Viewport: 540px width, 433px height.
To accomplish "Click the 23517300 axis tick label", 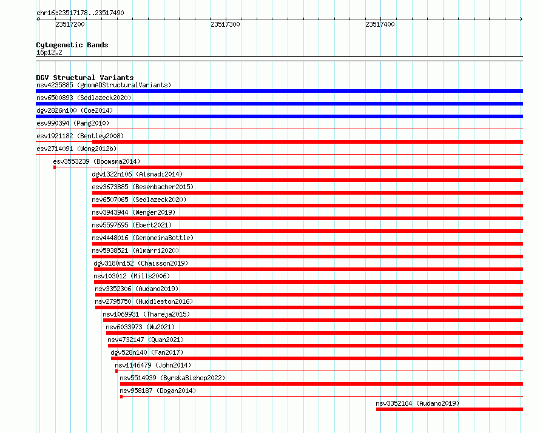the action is (x=225, y=24).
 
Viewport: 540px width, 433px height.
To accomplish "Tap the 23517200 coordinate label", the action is (x=70, y=24).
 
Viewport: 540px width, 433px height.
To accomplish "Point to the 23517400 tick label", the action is (x=380, y=24).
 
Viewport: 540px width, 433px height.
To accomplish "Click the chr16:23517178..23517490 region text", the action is (x=80, y=13).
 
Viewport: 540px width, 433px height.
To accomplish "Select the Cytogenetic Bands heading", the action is (x=72, y=45).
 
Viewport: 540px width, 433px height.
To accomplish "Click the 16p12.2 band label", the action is (x=49, y=52).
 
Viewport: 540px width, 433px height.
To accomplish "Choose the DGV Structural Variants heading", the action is (x=85, y=78).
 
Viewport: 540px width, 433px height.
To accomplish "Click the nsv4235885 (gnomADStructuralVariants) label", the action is (x=104, y=85).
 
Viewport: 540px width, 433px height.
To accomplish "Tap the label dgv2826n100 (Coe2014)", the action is (x=75, y=110).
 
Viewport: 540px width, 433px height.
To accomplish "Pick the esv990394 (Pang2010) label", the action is (x=73, y=123).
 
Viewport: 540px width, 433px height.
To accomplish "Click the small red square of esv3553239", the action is (x=55, y=167).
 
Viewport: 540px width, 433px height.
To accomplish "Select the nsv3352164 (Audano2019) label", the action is (x=417, y=403).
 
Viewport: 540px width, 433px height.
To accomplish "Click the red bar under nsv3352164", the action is (x=450, y=409).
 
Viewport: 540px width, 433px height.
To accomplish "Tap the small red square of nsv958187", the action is (x=121, y=397).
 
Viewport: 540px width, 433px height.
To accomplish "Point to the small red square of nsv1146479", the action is (x=116, y=371).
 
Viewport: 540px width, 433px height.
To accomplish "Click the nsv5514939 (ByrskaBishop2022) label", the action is (x=172, y=378).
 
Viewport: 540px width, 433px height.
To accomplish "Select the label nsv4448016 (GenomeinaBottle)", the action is (x=143, y=238).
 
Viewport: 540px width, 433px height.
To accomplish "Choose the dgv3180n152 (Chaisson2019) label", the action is (x=141, y=263).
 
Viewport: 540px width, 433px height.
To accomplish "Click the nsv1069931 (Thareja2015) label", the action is (x=146, y=314).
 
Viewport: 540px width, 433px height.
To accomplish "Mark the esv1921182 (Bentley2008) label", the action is (x=80, y=136).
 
